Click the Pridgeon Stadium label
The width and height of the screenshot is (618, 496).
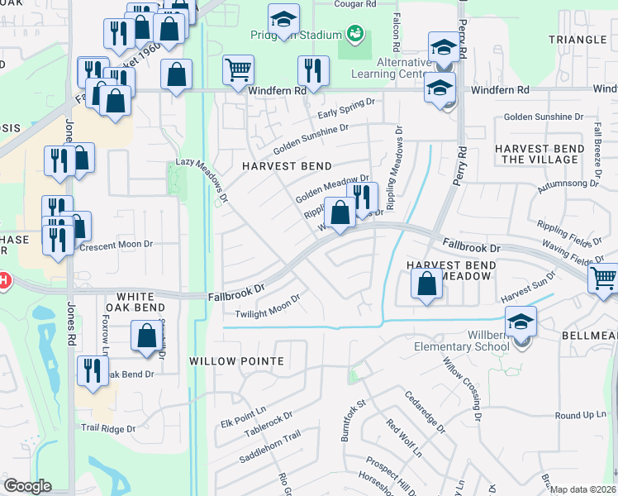(295, 35)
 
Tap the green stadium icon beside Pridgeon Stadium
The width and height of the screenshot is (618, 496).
(355, 34)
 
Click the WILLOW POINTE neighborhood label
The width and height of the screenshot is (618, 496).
(236, 361)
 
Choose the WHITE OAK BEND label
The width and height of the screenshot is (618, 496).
(148, 296)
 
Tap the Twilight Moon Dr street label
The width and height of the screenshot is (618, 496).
(267, 308)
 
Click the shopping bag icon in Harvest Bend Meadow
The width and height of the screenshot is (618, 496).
(426, 286)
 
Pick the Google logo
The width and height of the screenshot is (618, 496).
(27, 486)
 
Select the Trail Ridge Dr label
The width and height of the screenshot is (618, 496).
(107, 428)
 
